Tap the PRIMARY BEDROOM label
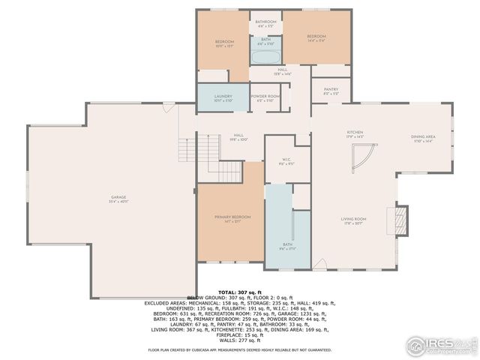click(232, 217)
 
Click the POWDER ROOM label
click(265, 97)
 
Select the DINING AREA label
click(423, 138)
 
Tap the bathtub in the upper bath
click(266, 56)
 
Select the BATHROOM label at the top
click(266, 23)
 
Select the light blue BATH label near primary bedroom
click(287, 244)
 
